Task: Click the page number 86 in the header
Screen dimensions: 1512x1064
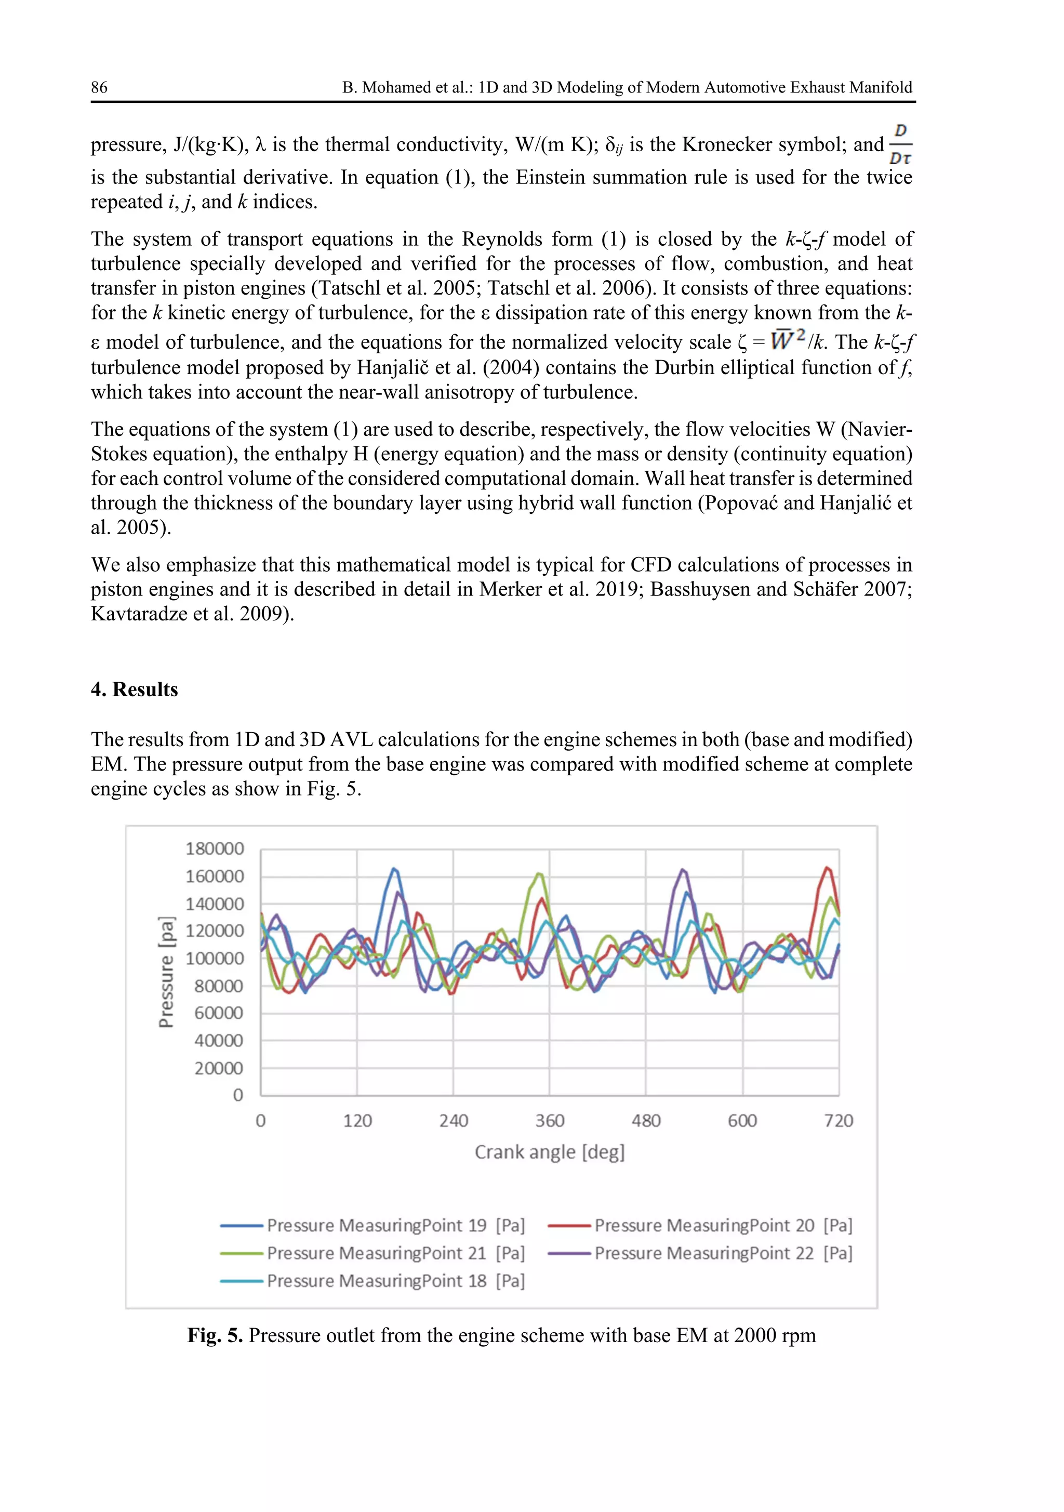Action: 99,88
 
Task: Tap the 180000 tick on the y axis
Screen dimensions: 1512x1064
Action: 215,849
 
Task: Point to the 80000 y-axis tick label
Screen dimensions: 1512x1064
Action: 219,986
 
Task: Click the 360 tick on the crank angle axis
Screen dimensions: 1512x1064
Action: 549,1121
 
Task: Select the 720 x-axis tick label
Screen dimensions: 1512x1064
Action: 838,1121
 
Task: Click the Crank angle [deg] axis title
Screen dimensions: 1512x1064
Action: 549,1152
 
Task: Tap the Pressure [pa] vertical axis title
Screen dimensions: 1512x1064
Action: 167,971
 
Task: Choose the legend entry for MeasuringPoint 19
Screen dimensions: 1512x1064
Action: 373,1226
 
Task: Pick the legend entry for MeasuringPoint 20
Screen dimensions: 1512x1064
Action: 700,1226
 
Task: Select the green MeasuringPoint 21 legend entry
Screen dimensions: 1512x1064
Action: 373,1253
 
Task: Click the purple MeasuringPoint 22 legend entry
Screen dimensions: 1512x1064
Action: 700,1253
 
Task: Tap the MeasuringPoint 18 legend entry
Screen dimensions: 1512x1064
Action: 373,1281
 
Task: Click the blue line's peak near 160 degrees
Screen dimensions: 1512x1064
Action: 394,869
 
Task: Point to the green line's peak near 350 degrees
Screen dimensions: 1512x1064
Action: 539,874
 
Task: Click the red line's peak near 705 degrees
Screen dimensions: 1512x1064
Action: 828,868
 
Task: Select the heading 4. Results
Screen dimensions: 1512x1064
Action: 135,689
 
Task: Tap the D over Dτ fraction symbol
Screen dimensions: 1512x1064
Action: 900,143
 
